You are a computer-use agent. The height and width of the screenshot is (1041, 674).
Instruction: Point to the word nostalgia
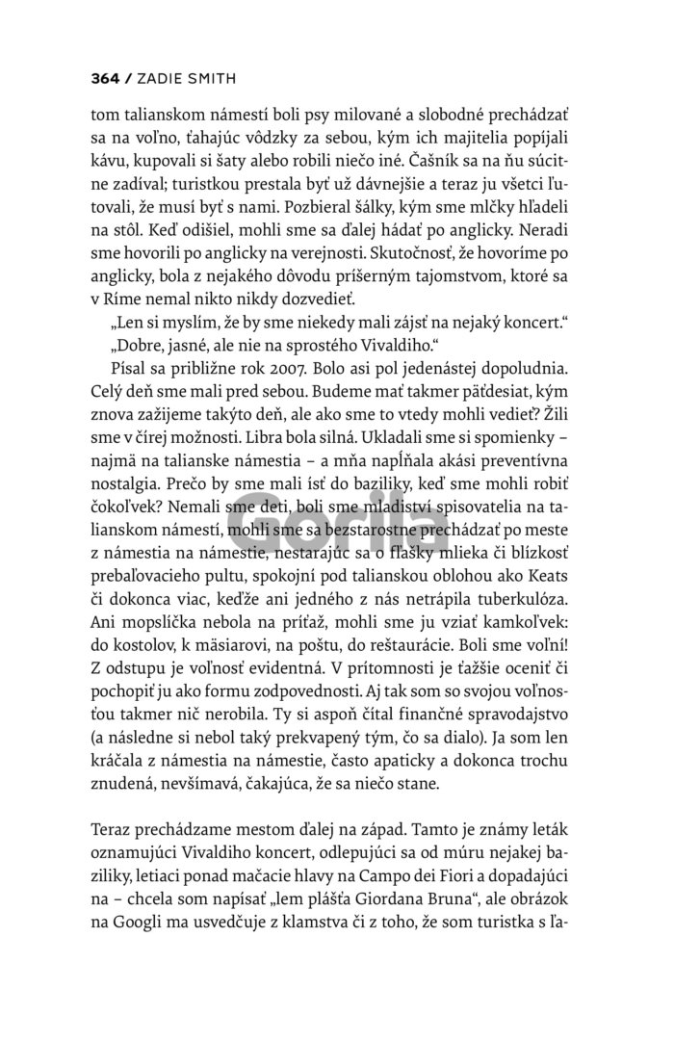130,492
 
